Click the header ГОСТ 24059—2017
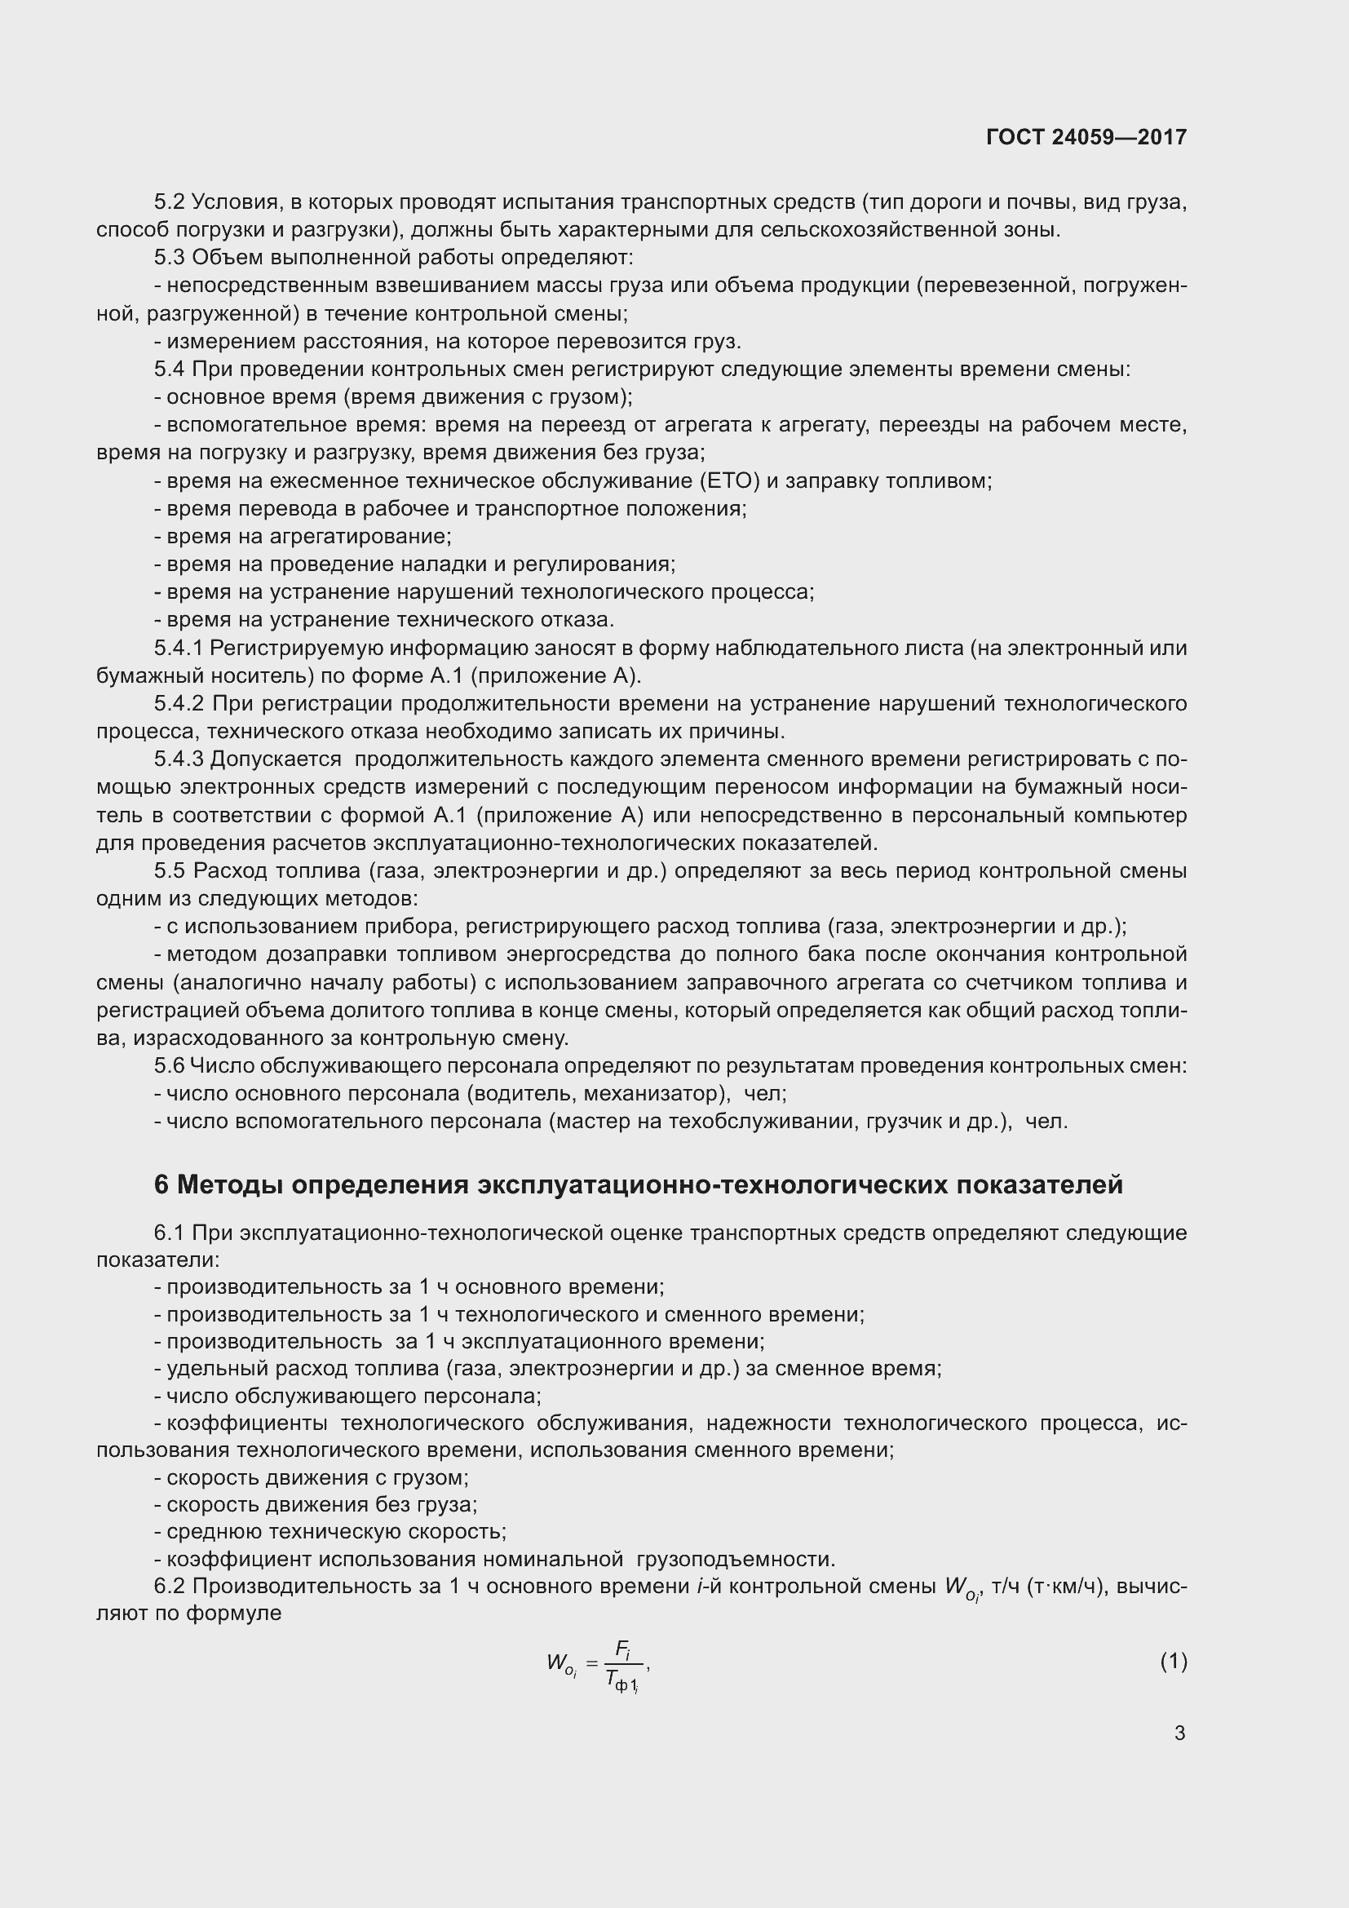point(1086,137)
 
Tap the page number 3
point(1179,1733)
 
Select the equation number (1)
point(1173,1661)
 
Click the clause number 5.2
point(170,202)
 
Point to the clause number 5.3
point(170,258)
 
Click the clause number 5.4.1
point(178,648)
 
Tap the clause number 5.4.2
point(179,703)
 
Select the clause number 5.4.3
point(179,759)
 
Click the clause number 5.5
point(170,870)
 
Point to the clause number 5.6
point(170,1065)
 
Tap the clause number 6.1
point(170,1233)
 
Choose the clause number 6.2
point(170,1586)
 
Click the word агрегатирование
point(359,536)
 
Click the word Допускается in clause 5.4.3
point(276,759)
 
